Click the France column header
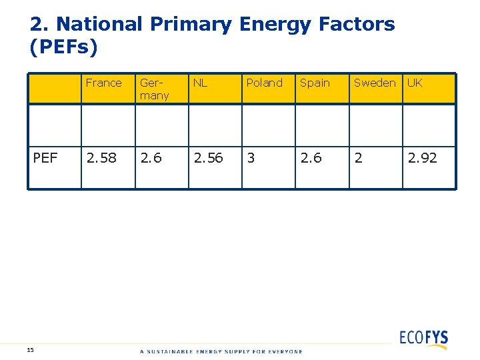click(x=104, y=83)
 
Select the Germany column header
click(x=154, y=89)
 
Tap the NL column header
click(x=200, y=83)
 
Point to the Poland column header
click(x=265, y=83)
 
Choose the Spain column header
click(x=315, y=83)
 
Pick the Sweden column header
click(x=374, y=83)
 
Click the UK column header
click(x=415, y=83)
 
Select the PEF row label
click(x=45, y=158)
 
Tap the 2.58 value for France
click(x=101, y=158)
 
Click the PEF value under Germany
click(x=150, y=158)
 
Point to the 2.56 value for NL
click(x=208, y=158)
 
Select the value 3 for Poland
click(x=251, y=158)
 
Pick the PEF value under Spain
click(x=310, y=158)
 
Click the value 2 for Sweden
click(x=358, y=158)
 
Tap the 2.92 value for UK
click(x=422, y=158)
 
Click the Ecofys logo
click(x=423, y=338)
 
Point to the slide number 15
click(x=31, y=349)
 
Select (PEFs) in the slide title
click(x=63, y=47)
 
